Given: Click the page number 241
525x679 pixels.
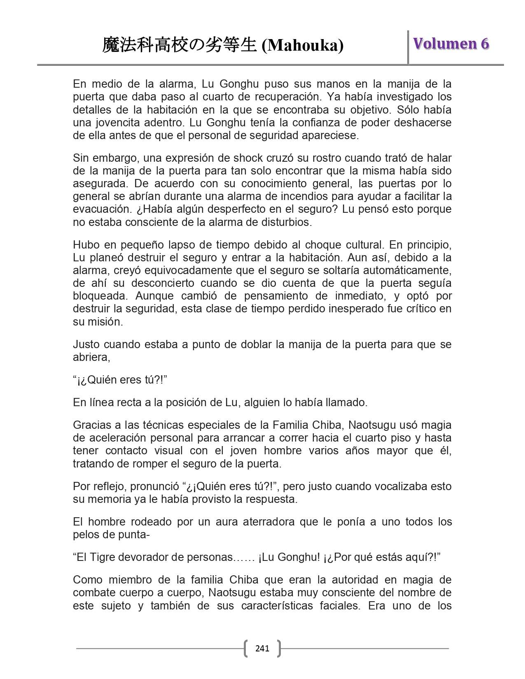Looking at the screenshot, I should (262, 649).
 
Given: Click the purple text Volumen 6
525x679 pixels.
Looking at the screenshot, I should (451, 44).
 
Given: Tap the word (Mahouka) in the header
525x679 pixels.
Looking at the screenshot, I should (303, 46).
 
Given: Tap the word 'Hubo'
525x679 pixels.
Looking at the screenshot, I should (86, 245).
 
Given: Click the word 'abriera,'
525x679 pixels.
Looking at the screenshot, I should (91, 357).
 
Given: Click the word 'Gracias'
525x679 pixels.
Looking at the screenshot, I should (90, 425).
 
